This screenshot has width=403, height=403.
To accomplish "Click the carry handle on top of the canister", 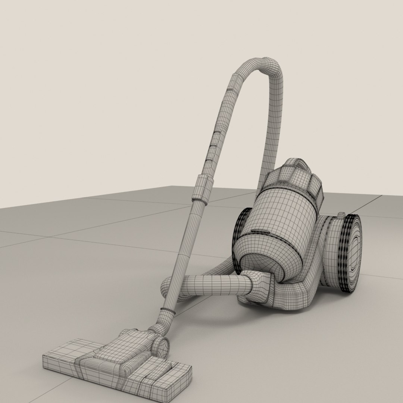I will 297,164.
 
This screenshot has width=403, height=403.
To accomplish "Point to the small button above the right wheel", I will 341,215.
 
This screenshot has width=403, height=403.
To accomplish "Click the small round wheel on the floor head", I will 162,347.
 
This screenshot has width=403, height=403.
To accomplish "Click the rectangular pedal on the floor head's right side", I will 162,369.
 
